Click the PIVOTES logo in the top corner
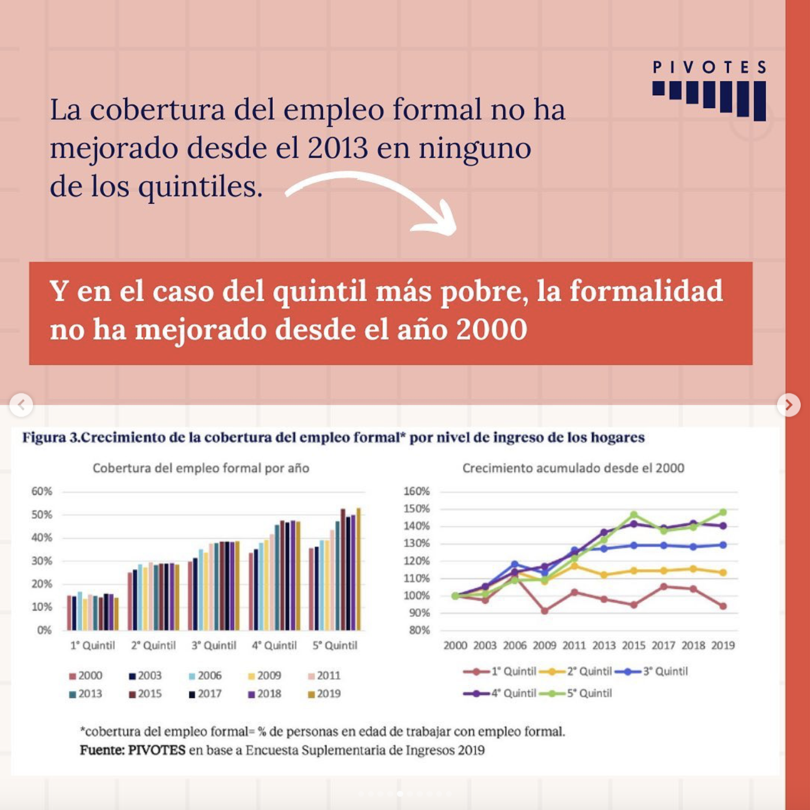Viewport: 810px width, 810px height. (x=709, y=90)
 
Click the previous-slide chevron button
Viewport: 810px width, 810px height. (x=21, y=404)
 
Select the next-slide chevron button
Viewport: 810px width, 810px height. (x=789, y=405)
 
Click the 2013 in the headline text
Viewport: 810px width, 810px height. (x=337, y=148)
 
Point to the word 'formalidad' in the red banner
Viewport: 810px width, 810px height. (x=646, y=291)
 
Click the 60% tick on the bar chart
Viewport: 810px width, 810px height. (x=42, y=491)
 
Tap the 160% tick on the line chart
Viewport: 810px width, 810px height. (x=417, y=491)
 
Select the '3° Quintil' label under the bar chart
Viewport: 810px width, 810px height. (x=214, y=645)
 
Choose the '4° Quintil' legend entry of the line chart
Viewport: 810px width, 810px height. (x=500, y=693)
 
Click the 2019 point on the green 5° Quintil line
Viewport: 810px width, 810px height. (x=723, y=512)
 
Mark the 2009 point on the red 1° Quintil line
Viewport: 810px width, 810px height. (x=544, y=610)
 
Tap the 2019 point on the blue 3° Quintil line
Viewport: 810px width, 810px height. (x=723, y=545)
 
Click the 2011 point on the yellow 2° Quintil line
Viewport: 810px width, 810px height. (x=574, y=566)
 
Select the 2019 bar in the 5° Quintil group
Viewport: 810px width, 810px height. (x=358, y=569)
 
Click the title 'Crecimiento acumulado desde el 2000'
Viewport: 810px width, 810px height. (x=573, y=468)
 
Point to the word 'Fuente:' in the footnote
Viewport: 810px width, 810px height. (x=102, y=750)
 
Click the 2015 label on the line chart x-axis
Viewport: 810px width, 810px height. (x=634, y=645)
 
